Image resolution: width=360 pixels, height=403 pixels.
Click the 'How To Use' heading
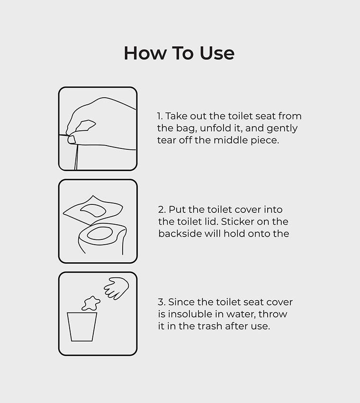(179, 53)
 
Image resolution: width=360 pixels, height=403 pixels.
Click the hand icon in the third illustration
(117, 288)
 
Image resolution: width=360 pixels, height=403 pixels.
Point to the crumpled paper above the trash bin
(90, 302)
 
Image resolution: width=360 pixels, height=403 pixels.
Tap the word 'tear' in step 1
(166, 140)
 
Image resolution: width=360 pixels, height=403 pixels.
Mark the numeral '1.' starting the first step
(160, 116)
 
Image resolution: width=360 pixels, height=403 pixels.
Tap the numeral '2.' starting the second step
(162, 209)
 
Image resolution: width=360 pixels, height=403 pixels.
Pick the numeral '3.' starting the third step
(162, 302)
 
